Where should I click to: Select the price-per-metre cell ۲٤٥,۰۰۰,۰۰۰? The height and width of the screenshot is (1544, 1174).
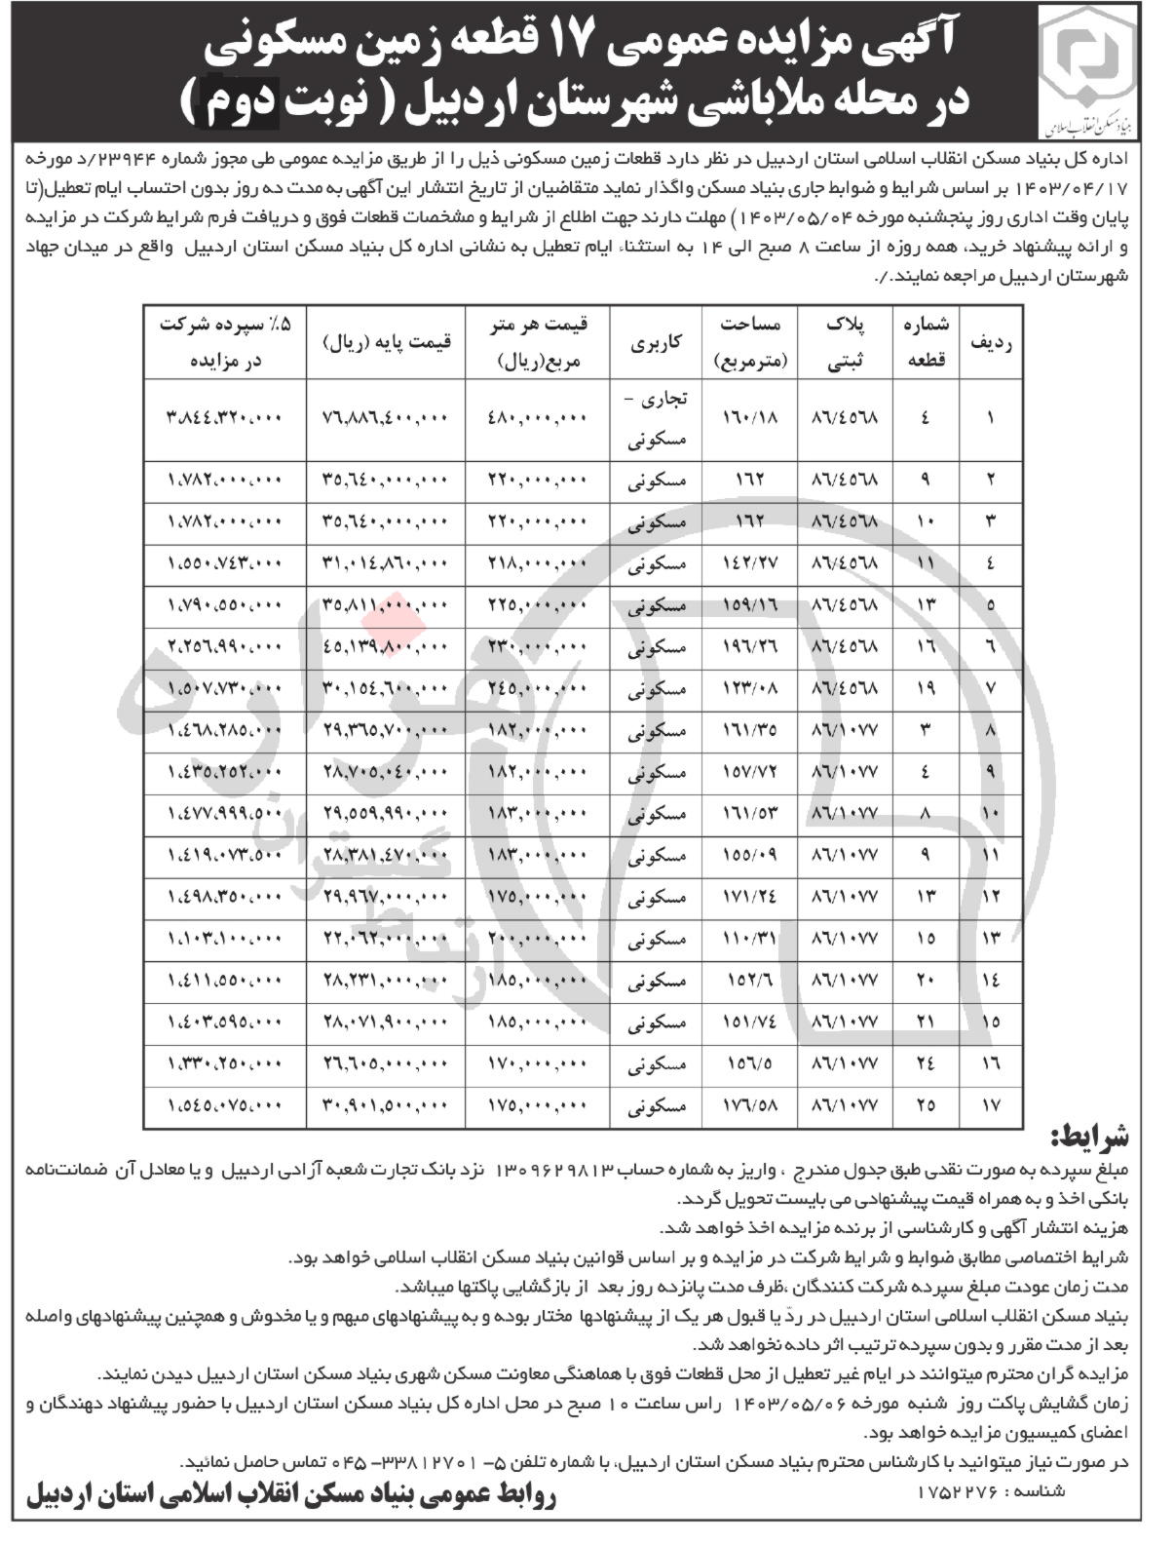pyautogui.click(x=539, y=688)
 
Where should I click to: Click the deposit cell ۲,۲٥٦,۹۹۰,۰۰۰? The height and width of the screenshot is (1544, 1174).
pyautogui.click(x=225, y=646)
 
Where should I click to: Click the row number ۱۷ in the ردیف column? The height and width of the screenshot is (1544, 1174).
pyautogui.click(x=990, y=1105)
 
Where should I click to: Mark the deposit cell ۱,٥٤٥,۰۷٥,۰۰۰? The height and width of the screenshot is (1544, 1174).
pyautogui.click(x=225, y=1105)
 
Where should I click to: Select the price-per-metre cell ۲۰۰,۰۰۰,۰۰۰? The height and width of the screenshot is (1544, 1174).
pyautogui.click(x=539, y=939)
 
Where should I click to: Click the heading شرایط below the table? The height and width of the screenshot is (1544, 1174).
pyautogui.click(x=1089, y=1138)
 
